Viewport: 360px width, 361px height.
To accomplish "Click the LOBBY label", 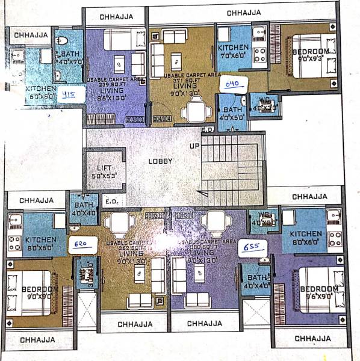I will tap(160, 161).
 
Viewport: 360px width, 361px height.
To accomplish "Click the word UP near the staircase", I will tap(194, 146).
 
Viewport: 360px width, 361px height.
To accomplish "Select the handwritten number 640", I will tap(232, 84).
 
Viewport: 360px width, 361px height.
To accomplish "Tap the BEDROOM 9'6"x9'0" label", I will tap(319, 292).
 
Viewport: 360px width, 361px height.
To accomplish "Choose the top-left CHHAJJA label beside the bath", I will tap(30, 34).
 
